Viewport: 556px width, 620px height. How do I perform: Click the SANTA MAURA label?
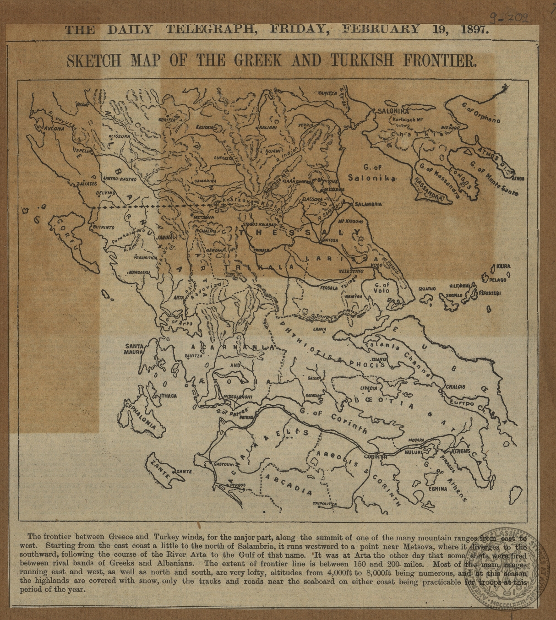pyautogui.click(x=134, y=349)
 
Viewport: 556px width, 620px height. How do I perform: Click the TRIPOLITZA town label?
pyautogui.click(x=324, y=504)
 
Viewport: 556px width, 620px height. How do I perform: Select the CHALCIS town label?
pyautogui.click(x=455, y=386)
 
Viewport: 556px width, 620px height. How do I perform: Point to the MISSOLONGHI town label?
pyautogui.click(x=237, y=397)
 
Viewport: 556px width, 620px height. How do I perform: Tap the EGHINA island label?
pyautogui.click(x=437, y=489)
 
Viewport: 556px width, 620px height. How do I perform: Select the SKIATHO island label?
pyautogui.click(x=427, y=289)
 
